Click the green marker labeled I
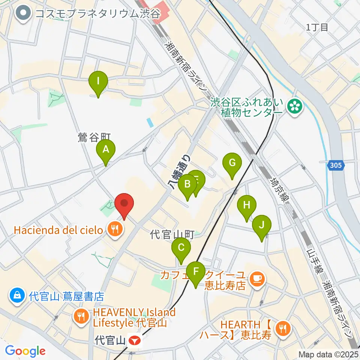tap(98, 81)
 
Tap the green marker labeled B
tap(187, 184)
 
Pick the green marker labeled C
tap(181, 248)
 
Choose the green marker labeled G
tap(232, 163)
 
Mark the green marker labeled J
tap(262, 225)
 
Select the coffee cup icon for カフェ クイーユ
tap(257, 278)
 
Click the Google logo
tap(25, 351)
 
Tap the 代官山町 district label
tap(172, 235)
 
